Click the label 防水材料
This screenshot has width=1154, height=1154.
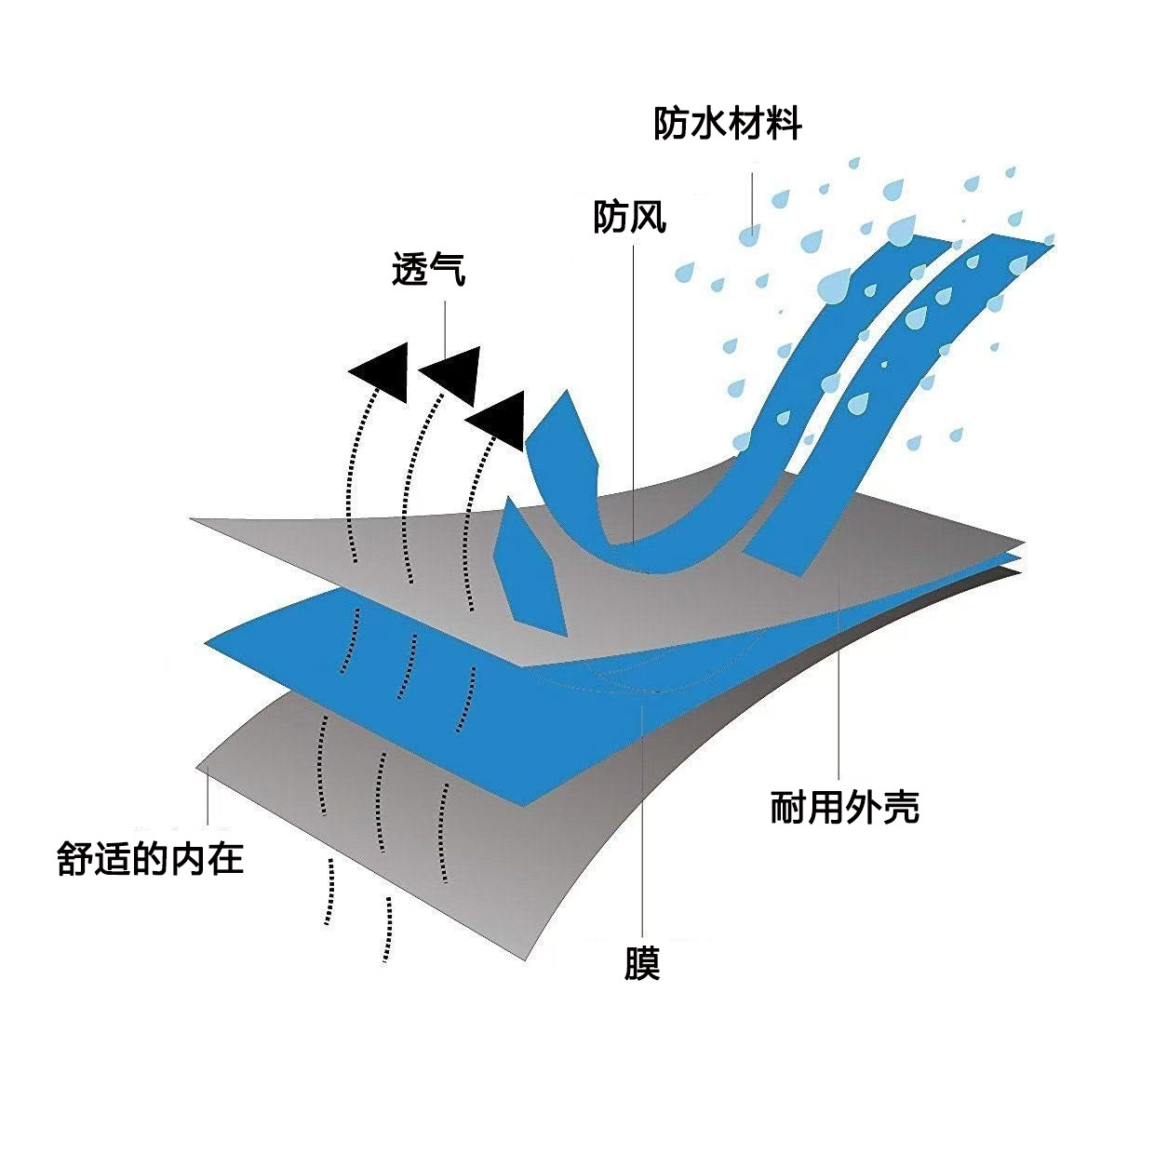727,124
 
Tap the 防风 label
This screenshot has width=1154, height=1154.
630,218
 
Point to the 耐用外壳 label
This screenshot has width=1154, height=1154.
844,807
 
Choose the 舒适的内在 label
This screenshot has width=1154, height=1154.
151,858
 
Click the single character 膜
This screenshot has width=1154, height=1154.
642,963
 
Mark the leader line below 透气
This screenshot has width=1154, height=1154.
445,321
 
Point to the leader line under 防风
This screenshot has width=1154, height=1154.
635,391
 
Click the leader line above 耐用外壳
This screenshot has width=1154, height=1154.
839,679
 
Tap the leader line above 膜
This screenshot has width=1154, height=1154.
642,819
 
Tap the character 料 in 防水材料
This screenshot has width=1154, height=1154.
783,124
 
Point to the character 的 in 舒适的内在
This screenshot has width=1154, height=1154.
151,858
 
